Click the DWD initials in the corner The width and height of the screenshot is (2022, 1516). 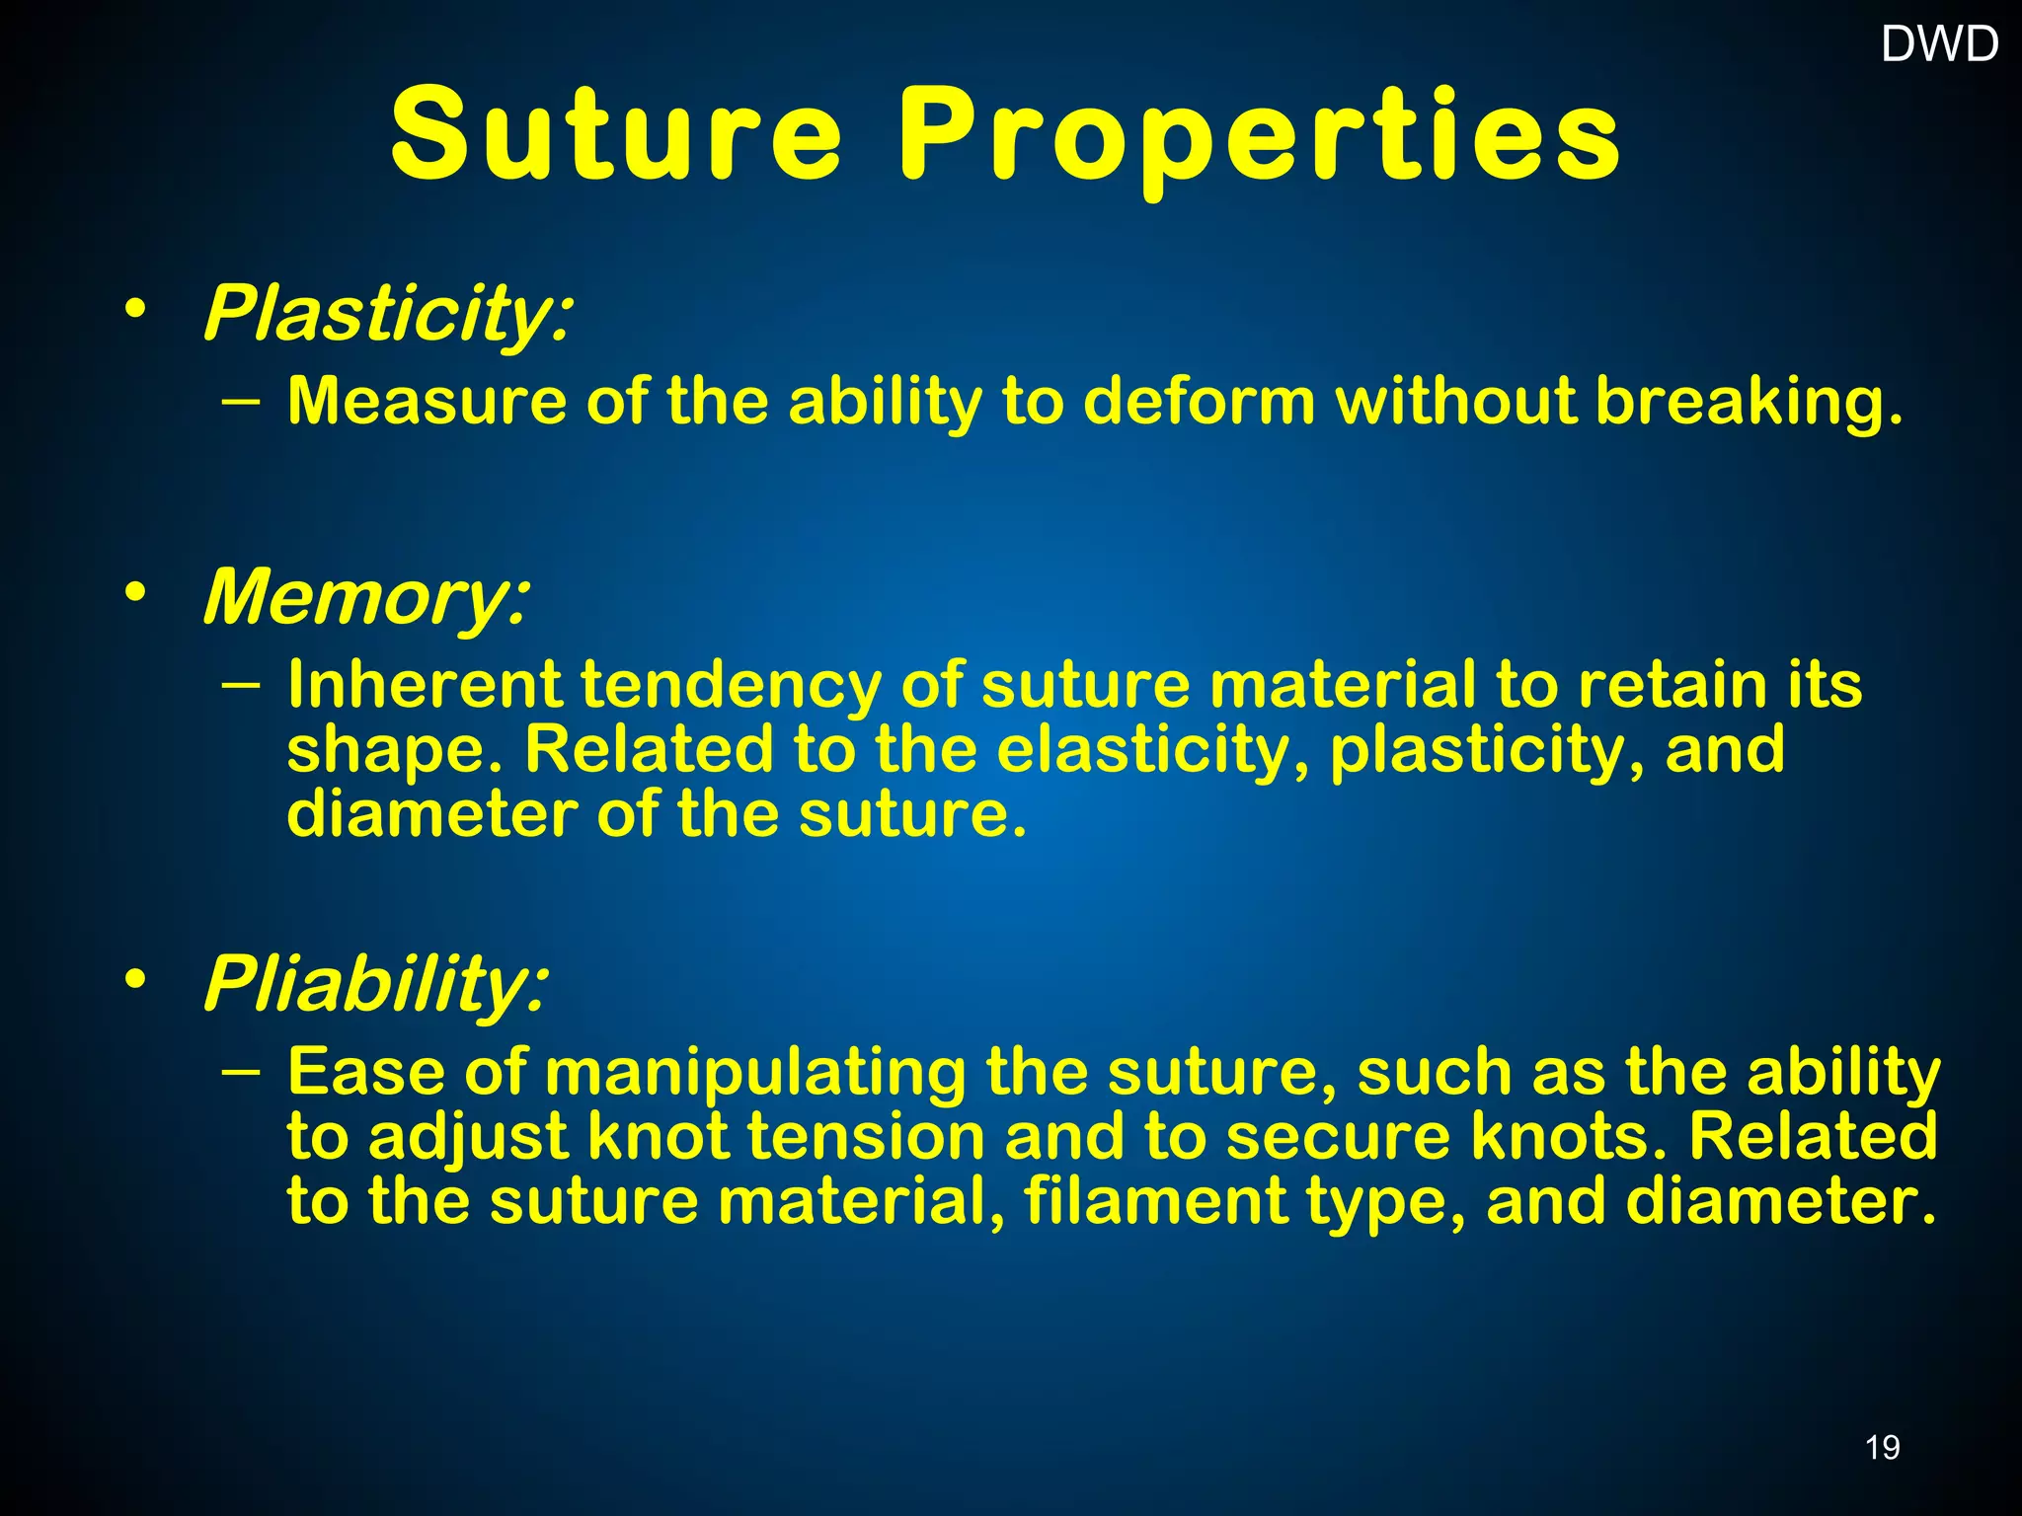(1939, 44)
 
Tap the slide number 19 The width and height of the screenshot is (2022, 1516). (1882, 1447)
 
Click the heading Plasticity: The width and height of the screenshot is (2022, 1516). (387, 314)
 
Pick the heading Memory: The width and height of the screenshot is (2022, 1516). (366, 597)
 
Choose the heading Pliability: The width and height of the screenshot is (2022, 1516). (375, 984)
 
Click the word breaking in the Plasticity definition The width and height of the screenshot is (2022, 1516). (1748, 403)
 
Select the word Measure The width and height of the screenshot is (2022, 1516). (427, 403)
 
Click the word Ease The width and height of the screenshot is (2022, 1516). (365, 1072)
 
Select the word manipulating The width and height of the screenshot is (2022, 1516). (755, 1074)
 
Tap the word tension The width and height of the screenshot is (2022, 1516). (866, 1137)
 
